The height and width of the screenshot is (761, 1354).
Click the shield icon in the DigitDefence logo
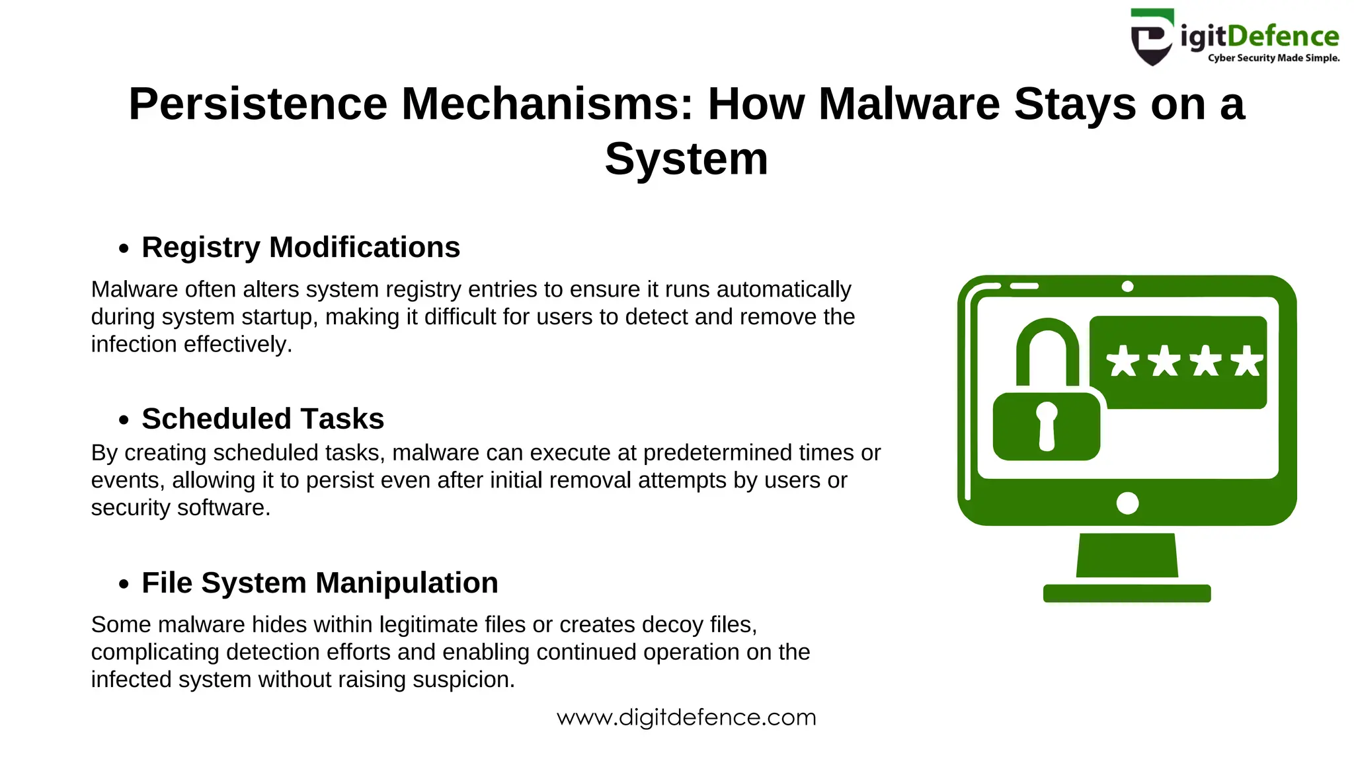point(1152,37)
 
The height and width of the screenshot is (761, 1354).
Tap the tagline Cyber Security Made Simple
point(1273,58)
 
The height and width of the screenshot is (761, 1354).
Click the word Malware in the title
point(909,104)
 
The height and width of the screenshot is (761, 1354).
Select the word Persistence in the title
point(258,104)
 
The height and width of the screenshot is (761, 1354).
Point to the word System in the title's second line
point(686,160)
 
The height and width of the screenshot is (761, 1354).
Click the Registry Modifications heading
point(301,248)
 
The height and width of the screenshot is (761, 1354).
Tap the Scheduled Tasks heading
point(262,419)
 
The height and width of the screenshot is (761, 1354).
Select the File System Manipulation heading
point(320,583)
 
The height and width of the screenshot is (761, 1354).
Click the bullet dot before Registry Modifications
point(124,249)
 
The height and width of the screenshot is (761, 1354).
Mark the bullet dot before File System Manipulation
point(124,585)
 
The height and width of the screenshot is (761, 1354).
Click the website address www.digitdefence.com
point(686,717)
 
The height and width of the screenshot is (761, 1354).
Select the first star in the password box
point(1123,361)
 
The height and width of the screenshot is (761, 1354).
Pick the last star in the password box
point(1247,361)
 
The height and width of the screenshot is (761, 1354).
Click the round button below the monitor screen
point(1127,503)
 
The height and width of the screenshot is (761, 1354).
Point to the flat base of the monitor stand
point(1127,593)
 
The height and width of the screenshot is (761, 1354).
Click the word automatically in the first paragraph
point(784,289)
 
